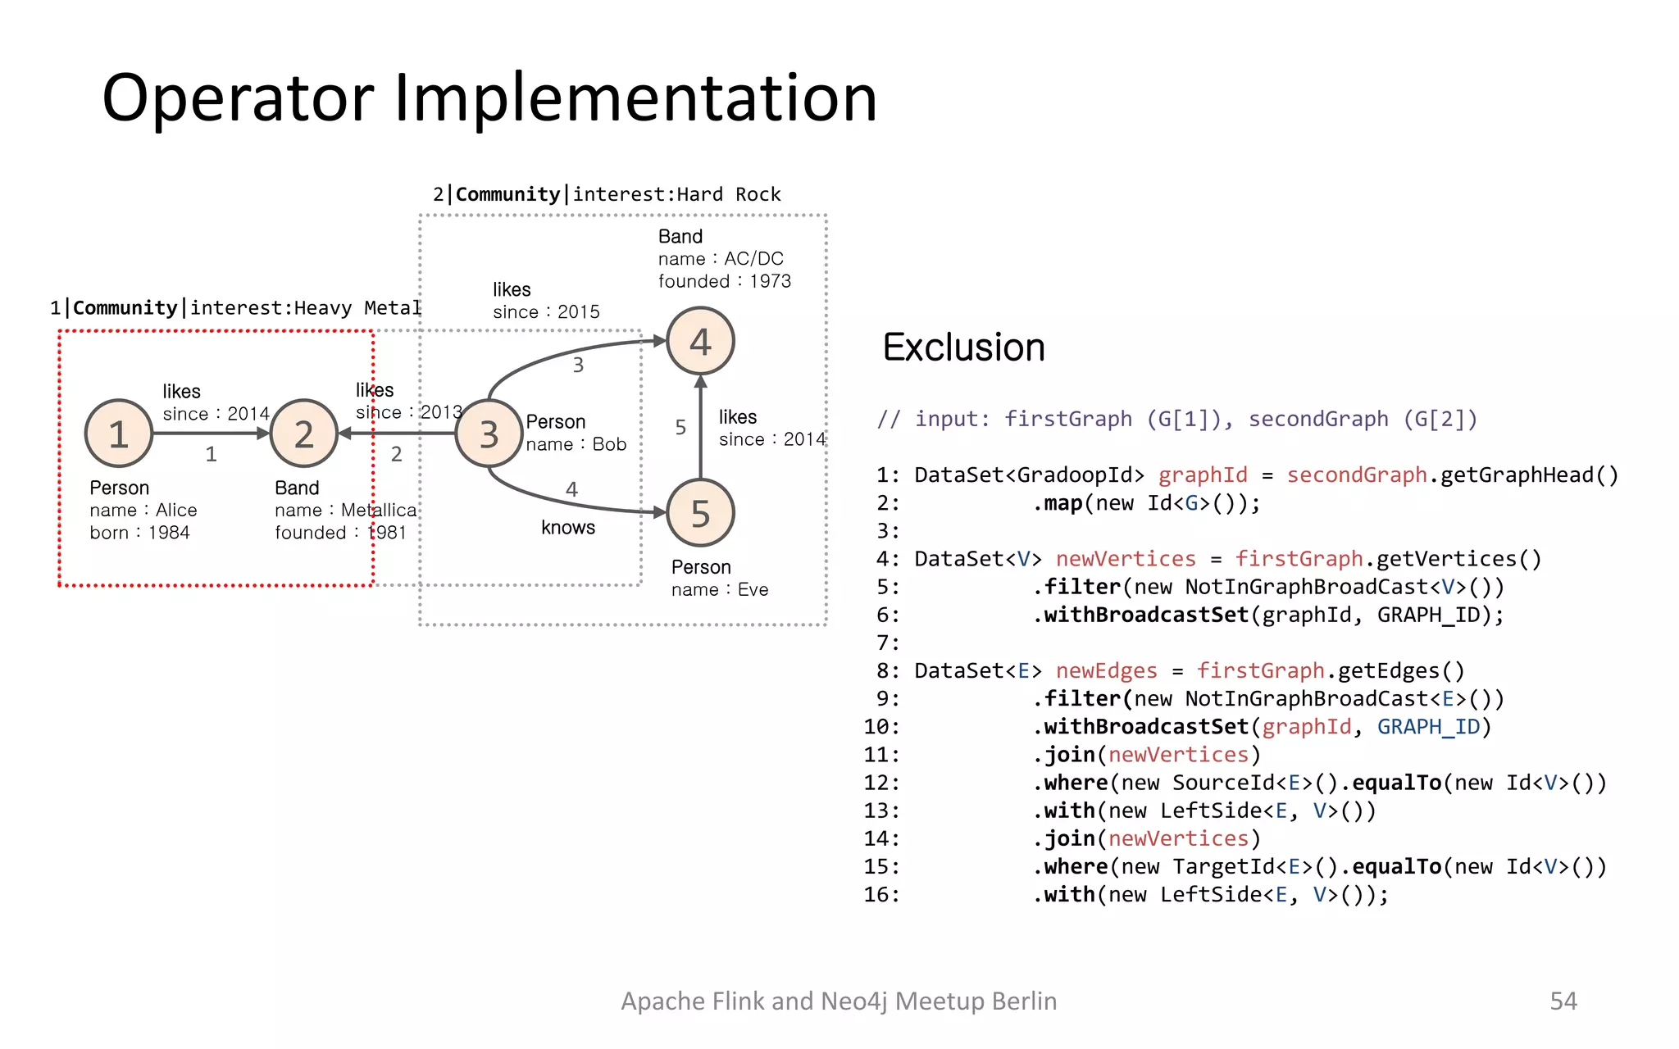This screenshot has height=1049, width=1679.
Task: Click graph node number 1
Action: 119,434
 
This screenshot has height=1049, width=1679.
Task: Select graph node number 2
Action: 304,434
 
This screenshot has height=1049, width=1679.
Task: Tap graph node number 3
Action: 489,434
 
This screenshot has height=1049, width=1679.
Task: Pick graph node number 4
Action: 700,341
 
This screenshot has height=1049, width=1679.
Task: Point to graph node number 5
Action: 700,513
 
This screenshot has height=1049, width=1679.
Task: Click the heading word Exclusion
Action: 963,347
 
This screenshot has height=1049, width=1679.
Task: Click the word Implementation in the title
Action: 635,98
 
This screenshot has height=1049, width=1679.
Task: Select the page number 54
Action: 1563,1001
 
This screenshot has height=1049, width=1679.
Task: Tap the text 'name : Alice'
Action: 143,511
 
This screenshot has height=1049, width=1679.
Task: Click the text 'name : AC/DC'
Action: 721,259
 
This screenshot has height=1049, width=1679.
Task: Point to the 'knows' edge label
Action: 567,528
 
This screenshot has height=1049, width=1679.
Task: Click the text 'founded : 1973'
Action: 725,281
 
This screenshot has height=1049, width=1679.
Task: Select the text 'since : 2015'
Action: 546,312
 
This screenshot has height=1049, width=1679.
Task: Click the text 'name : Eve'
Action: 720,590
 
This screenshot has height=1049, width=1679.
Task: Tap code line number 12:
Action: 881,783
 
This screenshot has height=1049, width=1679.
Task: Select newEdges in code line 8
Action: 1106,671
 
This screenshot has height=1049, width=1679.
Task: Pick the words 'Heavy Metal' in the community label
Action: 357,308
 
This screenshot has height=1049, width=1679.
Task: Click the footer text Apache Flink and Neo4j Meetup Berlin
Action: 839,1001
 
